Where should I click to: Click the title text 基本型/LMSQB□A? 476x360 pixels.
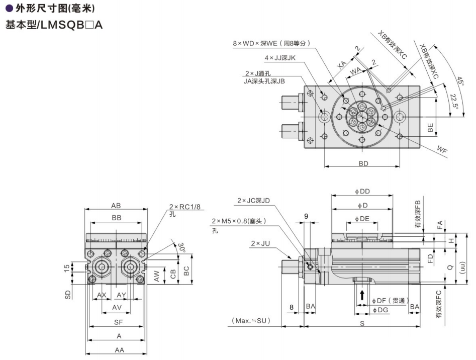click(x=53, y=25)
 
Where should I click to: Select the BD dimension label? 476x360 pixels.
click(x=363, y=163)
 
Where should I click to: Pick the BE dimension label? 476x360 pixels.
click(x=430, y=128)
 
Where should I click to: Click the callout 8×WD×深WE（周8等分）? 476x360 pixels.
click(x=272, y=43)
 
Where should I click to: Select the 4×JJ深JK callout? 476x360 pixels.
click(x=280, y=58)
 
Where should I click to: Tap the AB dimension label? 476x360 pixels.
click(x=116, y=205)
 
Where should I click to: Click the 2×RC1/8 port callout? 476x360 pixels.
click(x=184, y=207)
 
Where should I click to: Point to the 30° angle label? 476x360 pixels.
click(x=181, y=247)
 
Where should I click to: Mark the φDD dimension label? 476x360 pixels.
click(x=362, y=191)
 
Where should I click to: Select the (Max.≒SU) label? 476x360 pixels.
click(x=251, y=320)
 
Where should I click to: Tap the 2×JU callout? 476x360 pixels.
click(x=261, y=244)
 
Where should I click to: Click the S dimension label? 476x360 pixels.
click(x=362, y=323)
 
